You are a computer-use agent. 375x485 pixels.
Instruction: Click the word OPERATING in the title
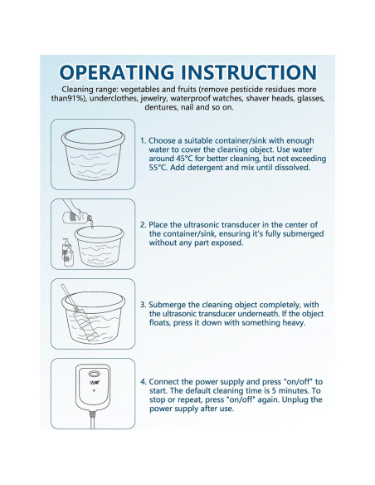coord(117,72)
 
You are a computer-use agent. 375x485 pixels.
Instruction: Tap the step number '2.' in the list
coord(143,225)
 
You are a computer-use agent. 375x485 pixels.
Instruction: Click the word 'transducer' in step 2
coord(240,225)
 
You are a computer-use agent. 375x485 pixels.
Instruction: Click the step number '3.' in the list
coord(143,305)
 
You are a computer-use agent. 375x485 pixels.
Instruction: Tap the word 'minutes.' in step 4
coord(295,390)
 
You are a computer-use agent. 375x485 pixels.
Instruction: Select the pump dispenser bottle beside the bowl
coord(68,252)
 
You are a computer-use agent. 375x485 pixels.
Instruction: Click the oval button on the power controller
coord(95,374)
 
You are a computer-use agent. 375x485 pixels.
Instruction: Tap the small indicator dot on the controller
coord(94,390)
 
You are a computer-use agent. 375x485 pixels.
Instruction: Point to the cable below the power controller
coord(92,419)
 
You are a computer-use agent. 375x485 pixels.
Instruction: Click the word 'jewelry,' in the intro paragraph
coord(154,98)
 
